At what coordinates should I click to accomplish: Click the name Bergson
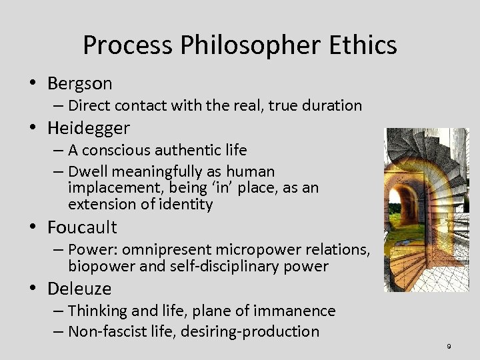pos(79,83)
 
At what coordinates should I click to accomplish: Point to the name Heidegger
pos(89,127)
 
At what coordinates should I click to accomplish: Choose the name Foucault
pos(82,227)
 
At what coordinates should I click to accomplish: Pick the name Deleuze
pos(79,289)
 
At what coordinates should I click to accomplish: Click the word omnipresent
pos(161,249)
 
